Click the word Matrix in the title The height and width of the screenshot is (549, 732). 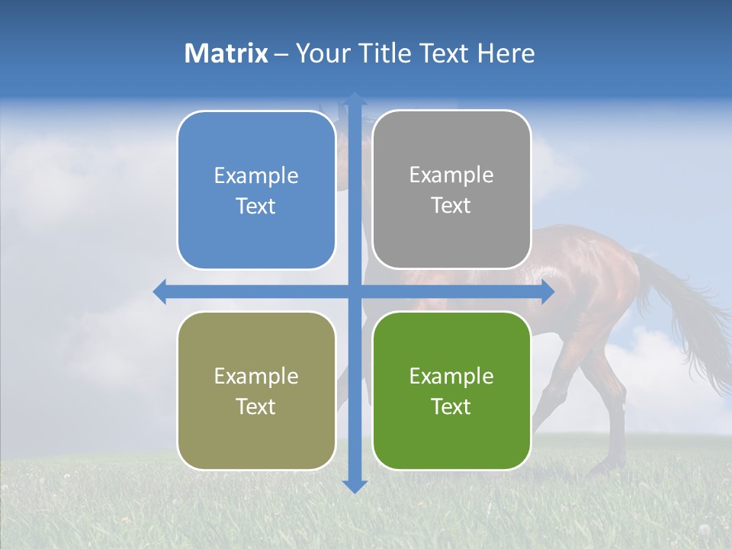[226, 53]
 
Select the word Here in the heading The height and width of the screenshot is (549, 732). [506, 53]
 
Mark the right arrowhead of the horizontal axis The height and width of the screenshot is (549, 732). [547, 291]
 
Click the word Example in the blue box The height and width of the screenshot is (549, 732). [256, 176]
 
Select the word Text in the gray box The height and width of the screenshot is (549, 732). [451, 206]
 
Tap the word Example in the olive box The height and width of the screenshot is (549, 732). [256, 377]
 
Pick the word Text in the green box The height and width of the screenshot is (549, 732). [451, 406]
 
